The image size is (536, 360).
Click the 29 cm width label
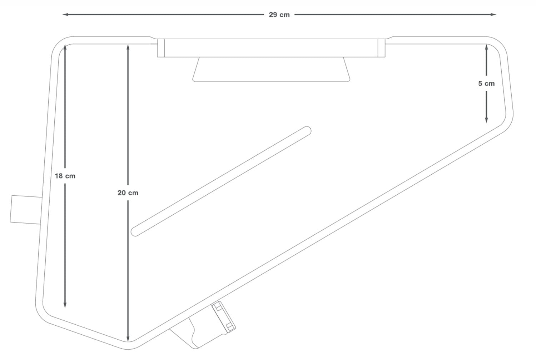(x=279, y=15)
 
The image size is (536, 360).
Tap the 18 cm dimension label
(x=65, y=176)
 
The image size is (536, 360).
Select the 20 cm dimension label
(x=128, y=193)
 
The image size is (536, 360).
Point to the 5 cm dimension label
(x=486, y=84)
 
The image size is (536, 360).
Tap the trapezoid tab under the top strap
(x=271, y=69)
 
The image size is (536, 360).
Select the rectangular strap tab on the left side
(x=25, y=210)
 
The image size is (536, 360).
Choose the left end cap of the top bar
(x=161, y=48)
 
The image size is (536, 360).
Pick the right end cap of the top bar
(x=382, y=48)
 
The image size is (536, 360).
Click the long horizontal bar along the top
(x=271, y=48)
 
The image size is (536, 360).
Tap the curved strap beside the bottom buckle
(x=195, y=336)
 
